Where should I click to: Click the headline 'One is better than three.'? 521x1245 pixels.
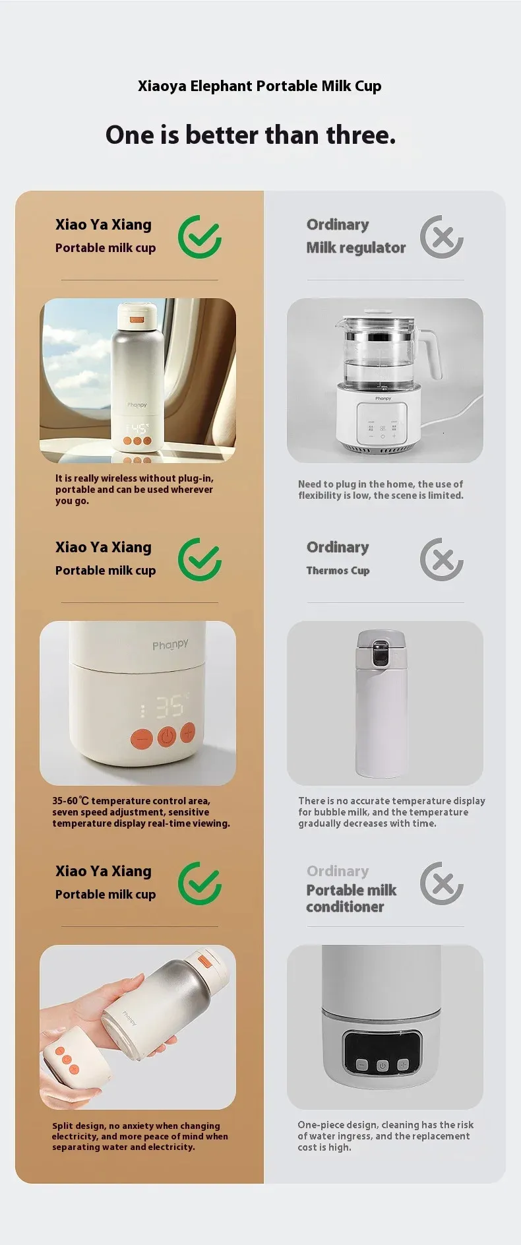click(251, 135)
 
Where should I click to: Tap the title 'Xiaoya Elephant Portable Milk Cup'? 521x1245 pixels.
click(259, 86)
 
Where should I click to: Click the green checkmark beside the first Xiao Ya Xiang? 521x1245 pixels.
click(200, 237)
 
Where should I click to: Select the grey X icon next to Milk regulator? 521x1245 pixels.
click(442, 237)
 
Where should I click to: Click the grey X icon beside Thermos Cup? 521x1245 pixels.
click(442, 559)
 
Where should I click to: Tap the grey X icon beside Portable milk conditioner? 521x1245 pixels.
click(442, 883)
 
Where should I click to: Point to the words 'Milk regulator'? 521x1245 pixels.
click(355, 248)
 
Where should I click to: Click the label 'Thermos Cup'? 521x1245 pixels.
click(338, 571)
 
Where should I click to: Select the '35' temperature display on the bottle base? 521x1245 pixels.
click(168, 707)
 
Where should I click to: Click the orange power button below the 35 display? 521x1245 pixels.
click(167, 736)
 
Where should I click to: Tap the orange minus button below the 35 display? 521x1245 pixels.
click(142, 739)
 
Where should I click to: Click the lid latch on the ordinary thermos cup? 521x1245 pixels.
click(381, 653)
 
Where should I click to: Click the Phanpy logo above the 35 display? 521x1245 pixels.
click(170, 645)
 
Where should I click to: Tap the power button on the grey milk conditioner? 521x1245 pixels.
click(383, 1065)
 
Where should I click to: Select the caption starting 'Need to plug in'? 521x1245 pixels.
click(381, 490)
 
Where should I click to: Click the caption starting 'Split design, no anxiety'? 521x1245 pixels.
click(140, 1136)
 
